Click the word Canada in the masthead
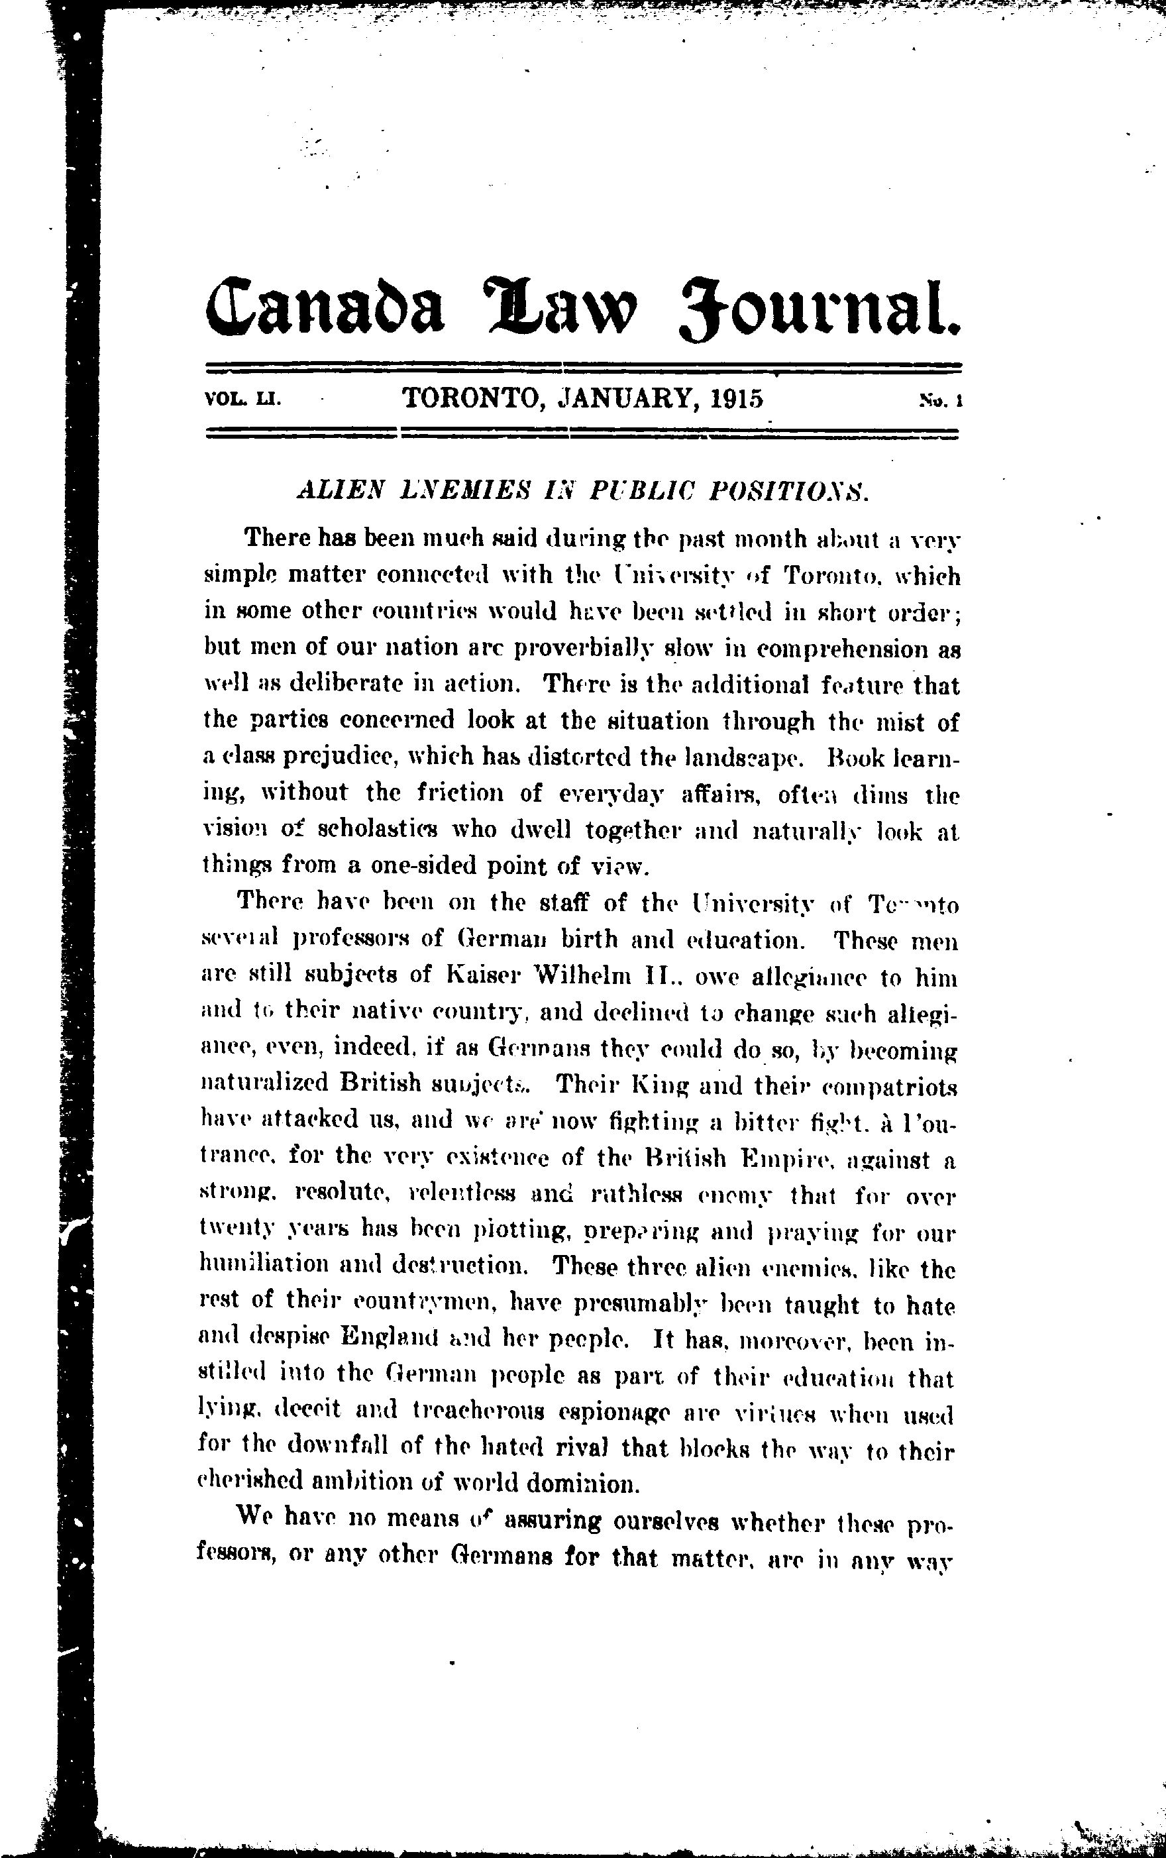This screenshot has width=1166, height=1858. pyautogui.click(x=325, y=301)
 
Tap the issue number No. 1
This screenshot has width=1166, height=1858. pyautogui.click(x=937, y=400)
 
